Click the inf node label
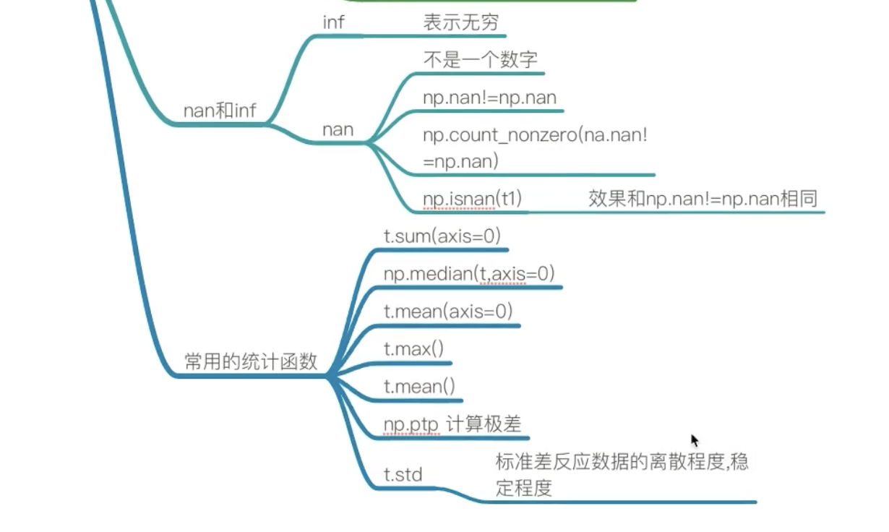(333, 22)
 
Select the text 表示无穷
(460, 22)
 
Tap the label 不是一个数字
(480, 60)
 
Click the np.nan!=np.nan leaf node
(489, 98)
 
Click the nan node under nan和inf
(338, 130)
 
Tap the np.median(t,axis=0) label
(469, 273)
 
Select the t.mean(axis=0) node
(448, 312)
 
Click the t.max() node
(414, 349)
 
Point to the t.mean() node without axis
(419, 387)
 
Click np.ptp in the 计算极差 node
(411, 425)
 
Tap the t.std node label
(403, 475)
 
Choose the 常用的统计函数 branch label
(251, 362)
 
